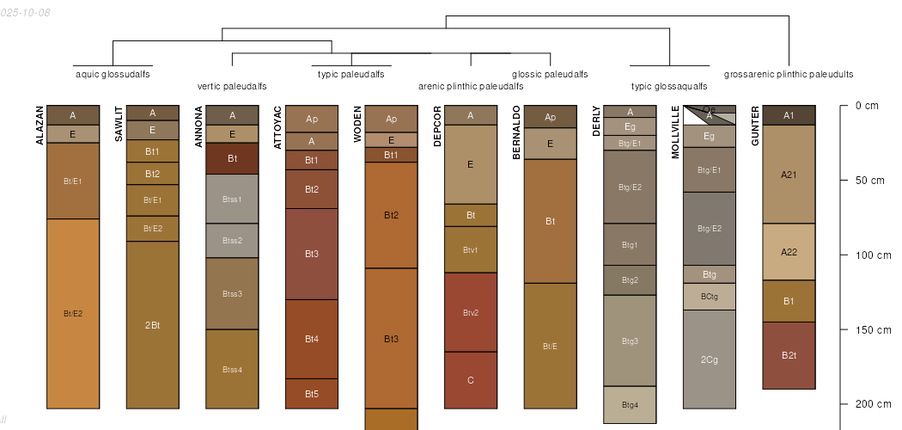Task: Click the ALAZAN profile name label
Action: coord(40,126)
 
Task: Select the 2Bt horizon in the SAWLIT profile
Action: coord(153,324)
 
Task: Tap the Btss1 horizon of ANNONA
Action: coord(232,199)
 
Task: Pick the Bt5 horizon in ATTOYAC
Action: coord(312,394)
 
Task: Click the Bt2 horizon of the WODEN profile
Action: coord(391,215)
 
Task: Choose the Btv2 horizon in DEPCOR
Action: coord(471,312)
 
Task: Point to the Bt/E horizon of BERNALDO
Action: coord(551,346)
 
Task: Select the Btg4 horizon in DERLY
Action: coord(630,405)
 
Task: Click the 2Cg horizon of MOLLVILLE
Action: coord(710,359)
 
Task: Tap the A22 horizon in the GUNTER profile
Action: coord(789,252)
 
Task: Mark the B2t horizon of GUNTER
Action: coord(789,355)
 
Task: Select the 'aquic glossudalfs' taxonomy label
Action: coord(113,75)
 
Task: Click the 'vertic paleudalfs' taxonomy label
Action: coord(232,86)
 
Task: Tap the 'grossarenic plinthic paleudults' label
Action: coord(789,75)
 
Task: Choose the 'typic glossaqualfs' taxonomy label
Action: coord(669,86)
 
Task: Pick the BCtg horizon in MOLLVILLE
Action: coord(710,297)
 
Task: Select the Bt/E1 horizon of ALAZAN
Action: coord(73,181)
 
